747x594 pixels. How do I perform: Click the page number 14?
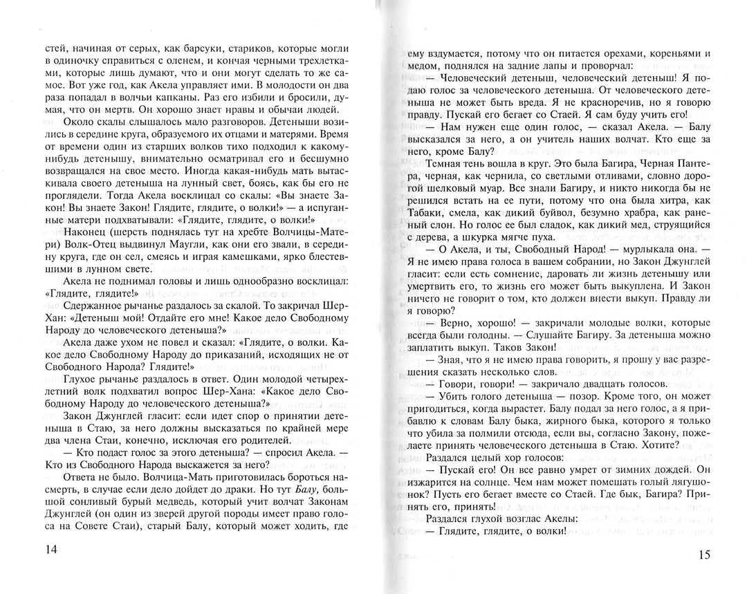tap(51, 550)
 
